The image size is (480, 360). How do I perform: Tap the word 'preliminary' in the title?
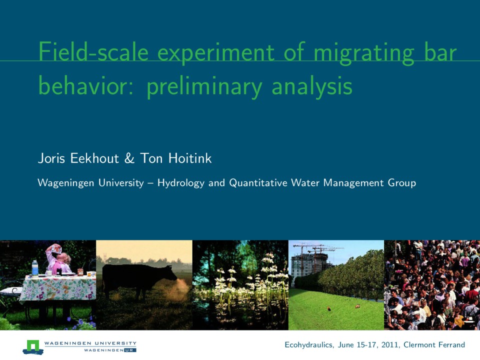203,86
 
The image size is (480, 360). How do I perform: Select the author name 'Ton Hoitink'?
176,159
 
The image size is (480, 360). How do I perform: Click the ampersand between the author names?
129,159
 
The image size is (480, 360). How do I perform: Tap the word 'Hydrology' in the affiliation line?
181,183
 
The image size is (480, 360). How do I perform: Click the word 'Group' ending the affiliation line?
401,183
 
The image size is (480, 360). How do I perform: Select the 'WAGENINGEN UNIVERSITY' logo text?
90,343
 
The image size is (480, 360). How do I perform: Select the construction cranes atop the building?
317,248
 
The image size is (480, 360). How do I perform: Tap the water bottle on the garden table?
35,268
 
